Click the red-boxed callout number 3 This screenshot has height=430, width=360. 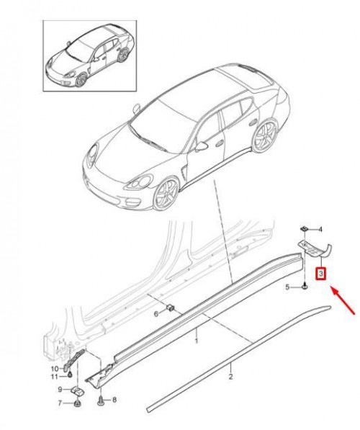[x=321, y=274]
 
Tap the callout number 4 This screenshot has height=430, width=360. [x=320, y=230]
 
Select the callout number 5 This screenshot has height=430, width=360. [x=287, y=287]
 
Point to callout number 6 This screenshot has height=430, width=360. [x=156, y=314]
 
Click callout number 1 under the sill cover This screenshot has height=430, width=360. [x=197, y=341]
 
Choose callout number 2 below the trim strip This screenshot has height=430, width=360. [x=230, y=377]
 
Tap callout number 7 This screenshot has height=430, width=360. [x=60, y=403]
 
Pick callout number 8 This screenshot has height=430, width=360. [x=114, y=400]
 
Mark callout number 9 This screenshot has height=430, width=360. [x=60, y=390]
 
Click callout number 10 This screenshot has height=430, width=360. [x=55, y=369]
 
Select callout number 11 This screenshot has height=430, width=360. [x=55, y=377]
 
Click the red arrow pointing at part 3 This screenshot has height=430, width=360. [x=343, y=300]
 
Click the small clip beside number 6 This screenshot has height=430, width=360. [x=171, y=308]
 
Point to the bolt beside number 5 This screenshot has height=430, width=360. [x=305, y=287]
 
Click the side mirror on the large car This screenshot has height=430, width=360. [x=202, y=146]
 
